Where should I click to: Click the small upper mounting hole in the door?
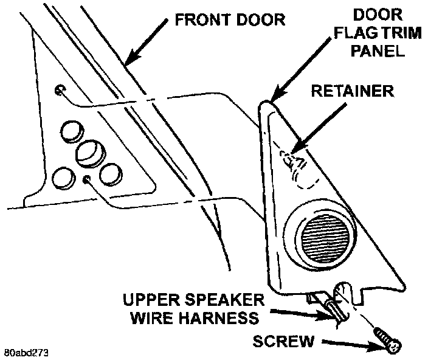tap(59, 90)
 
